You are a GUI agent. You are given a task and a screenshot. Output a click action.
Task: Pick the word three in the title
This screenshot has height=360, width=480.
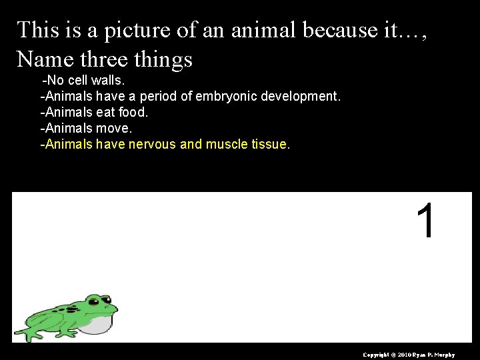pos(105,59)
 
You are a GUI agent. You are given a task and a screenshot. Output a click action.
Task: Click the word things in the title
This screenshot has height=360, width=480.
pos(163,59)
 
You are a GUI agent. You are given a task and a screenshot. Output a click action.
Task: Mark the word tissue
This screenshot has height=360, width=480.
pos(267,144)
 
